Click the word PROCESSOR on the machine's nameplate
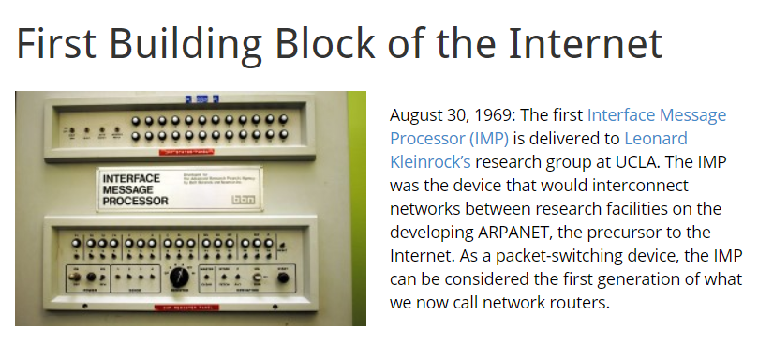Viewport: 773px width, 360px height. click(x=135, y=200)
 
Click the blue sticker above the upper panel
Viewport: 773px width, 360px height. click(x=201, y=96)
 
